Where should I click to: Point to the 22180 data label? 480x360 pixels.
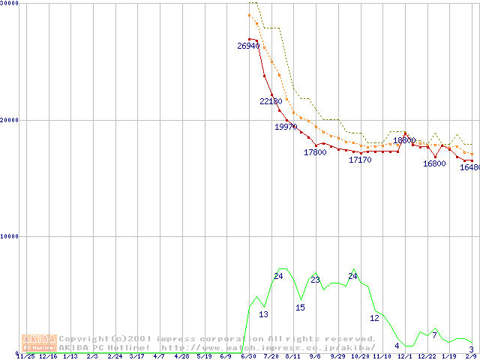pos(271,101)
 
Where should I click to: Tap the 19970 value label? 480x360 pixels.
pos(286,127)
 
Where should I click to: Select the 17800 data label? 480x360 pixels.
pos(315,152)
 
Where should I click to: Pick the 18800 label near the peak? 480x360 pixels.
pos(404,140)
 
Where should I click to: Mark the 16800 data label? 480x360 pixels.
pos(434,163)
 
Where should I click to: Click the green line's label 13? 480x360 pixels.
pos(263,314)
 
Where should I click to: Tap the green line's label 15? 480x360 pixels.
pos(300,307)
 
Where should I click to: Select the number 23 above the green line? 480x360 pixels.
pos(315,280)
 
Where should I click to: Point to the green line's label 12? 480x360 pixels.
pos(374,318)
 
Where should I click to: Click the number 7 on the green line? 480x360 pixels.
pos(434,334)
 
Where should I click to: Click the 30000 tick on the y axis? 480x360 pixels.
pos(9,4)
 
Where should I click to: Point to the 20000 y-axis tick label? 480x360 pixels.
pos(9,120)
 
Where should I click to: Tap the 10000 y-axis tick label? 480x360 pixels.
pos(9,236)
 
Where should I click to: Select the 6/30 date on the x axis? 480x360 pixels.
pos(247,357)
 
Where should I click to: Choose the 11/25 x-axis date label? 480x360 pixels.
pos(25,357)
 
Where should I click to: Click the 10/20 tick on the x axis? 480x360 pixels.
pos(360,357)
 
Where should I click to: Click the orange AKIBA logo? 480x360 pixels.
pos(39,343)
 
